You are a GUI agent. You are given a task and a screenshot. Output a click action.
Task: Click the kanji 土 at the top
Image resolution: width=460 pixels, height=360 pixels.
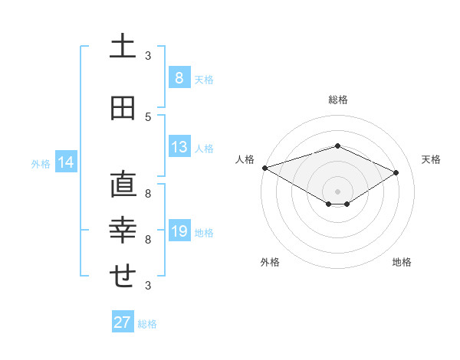pyautogui.click(x=123, y=47)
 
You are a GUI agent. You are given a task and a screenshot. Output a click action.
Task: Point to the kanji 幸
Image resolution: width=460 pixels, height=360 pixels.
pyautogui.click(x=123, y=230)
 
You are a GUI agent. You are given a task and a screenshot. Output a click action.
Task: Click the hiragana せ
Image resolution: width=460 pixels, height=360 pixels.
pyautogui.click(x=123, y=277)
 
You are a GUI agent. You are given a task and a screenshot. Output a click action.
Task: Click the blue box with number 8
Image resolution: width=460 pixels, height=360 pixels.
pyautogui.click(x=179, y=77)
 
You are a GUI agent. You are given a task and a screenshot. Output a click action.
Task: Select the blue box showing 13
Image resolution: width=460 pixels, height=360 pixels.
pyautogui.click(x=179, y=147)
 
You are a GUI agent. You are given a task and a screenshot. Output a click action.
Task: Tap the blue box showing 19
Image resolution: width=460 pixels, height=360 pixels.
pyautogui.click(x=179, y=232)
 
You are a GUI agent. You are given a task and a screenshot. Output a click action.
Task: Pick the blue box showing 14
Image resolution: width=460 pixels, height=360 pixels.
pyautogui.click(x=66, y=162)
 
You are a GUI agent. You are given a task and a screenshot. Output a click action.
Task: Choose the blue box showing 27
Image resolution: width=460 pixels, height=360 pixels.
pyautogui.click(x=123, y=322)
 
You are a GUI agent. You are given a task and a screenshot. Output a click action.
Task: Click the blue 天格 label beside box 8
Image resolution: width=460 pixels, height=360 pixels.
pyautogui.click(x=204, y=79)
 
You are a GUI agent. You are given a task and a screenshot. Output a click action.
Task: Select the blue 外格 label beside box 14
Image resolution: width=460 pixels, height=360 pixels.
pyautogui.click(x=41, y=163)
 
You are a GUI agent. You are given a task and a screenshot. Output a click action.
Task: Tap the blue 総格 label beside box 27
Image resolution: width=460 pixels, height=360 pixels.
pyautogui.click(x=147, y=324)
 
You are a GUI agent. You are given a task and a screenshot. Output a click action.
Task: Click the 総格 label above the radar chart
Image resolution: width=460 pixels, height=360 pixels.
pyautogui.click(x=337, y=100)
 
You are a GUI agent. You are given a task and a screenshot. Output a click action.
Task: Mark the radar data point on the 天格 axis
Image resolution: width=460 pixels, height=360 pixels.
pyautogui.click(x=396, y=172)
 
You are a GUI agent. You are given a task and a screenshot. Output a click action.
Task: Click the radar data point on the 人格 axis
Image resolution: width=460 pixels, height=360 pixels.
pyautogui.click(x=264, y=167)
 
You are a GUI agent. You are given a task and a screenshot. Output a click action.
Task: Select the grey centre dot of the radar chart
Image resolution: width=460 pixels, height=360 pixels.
pyautogui.click(x=337, y=191)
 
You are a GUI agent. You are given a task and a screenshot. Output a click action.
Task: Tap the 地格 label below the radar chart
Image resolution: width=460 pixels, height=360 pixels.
pyautogui.click(x=402, y=262)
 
